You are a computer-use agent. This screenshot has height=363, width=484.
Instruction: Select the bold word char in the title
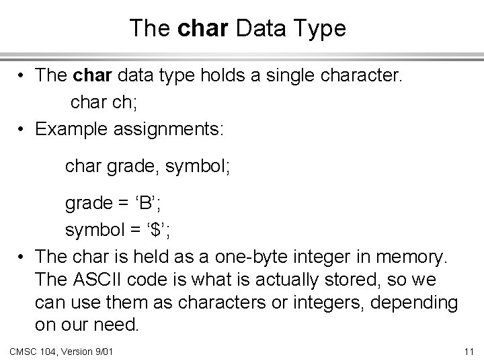coord(200,28)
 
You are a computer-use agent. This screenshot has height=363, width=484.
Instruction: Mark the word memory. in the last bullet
coord(413,257)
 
